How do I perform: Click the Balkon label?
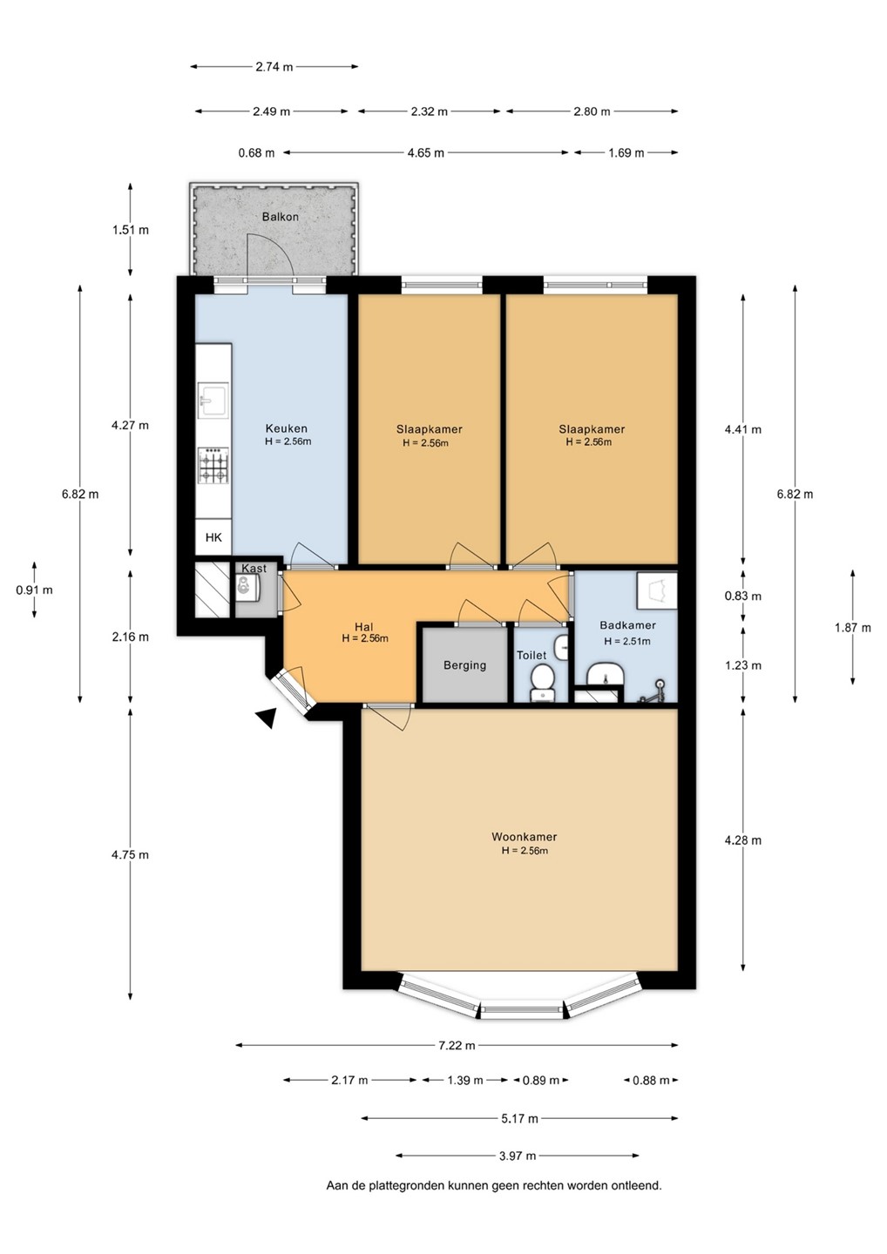280,217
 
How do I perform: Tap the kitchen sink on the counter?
213,400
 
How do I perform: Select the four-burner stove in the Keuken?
213,465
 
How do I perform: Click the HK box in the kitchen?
213,537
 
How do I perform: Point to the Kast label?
254,568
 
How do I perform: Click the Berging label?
464,665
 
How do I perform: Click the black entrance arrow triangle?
267,718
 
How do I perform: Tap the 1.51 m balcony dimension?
131,230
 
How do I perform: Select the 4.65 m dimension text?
425,152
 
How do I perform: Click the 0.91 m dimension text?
34,590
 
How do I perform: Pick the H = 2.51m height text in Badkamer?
626,641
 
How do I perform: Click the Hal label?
364,626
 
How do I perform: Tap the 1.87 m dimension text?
853,628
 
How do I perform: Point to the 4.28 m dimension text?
743,840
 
